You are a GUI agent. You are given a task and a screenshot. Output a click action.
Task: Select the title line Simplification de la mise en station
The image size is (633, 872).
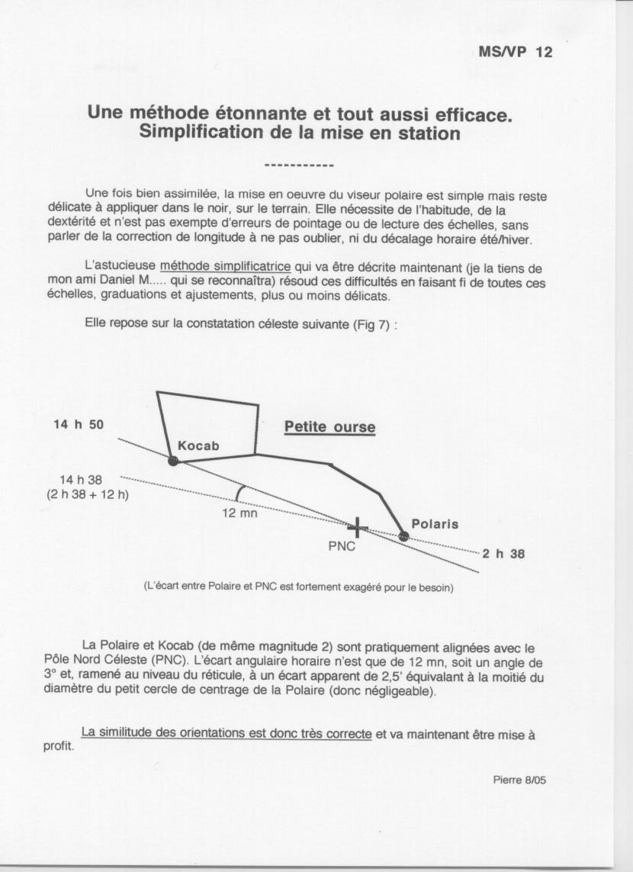(300, 133)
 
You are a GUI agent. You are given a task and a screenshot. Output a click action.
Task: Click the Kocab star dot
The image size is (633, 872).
(173, 461)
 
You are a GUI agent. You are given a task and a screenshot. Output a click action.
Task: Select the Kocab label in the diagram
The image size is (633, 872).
(198, 446)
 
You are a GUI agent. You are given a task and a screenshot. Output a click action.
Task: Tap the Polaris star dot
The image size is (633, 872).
(403, 536)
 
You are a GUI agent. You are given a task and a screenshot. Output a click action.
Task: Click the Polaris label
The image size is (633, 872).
(435, 524)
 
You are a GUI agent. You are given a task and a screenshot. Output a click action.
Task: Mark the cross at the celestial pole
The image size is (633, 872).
(357, 526)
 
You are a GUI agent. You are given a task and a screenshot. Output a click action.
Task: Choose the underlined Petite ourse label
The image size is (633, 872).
(329, 427)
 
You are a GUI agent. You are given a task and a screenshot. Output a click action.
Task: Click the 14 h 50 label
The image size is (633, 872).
(79, 424)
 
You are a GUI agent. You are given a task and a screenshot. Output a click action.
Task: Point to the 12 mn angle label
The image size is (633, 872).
(239, 513)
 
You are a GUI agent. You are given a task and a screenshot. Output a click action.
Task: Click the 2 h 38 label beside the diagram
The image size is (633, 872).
(503, 554)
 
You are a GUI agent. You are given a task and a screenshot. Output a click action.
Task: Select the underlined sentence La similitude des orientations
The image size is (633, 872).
(227, 733)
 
